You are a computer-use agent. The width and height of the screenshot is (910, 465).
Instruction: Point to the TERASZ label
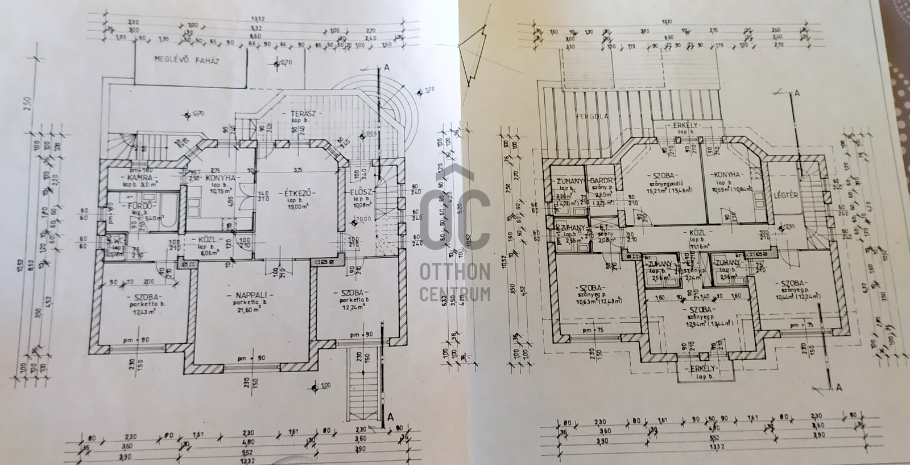click(x=303, y=114)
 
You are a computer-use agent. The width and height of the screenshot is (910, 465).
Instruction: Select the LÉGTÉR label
click(x=787, y=195)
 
